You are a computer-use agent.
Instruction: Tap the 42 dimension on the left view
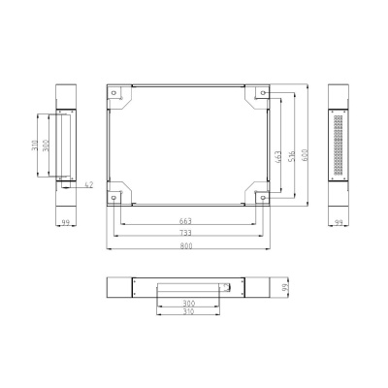pyautogui.click(x=89, y=182)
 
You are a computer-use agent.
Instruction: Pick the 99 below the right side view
pyautogui.click(x=339, y=222)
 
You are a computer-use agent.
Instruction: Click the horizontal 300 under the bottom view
pyautogui.click(x=187, y=305)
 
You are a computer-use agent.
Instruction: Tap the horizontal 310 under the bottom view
pyautogui.click(x=187, y=312)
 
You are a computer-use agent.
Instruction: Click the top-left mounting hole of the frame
pyautogui.click(x=116, y=94)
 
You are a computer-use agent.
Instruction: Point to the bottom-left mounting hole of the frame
pyautogui.click(x=116, y=198)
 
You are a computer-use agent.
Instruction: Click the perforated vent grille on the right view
pyautogui.click(x=339, y=146)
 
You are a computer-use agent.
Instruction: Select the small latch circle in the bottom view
pyautogui.click(x=227, y=287)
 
